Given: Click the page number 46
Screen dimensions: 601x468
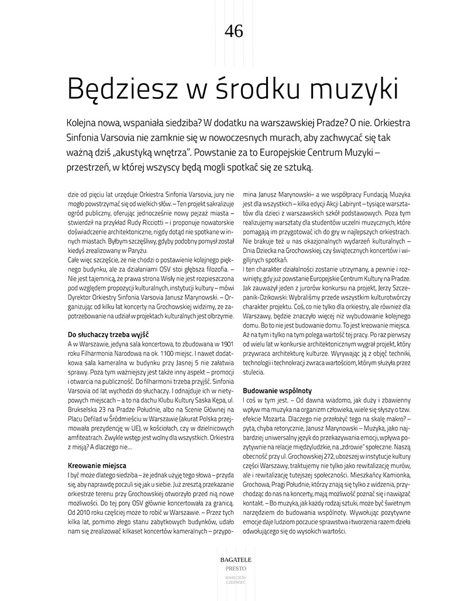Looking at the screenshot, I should tap(234, 31).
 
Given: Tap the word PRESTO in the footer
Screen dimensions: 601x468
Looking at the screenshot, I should tap(233, 568).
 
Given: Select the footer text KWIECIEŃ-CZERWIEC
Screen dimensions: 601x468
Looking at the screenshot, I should tap(233, 580).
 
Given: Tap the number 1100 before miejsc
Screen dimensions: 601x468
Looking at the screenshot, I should tap(161, 353).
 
